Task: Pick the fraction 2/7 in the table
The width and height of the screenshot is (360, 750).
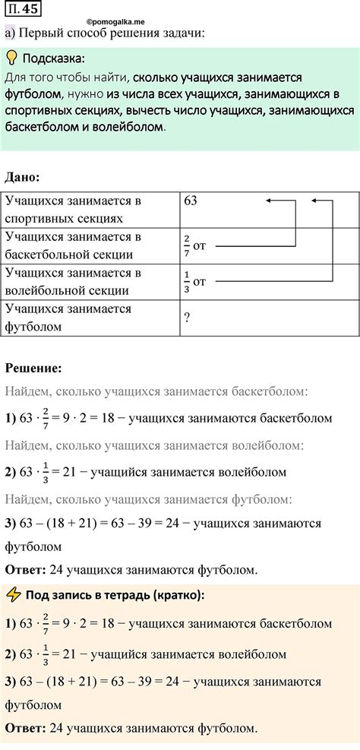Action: point(187,246)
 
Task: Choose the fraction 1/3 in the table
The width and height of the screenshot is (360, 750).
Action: point(187,282)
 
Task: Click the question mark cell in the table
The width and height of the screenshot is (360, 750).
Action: point(187,318)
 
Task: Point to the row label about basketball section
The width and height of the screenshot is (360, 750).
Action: point(74,245)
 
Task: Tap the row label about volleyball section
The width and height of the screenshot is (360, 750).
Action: point(74,281)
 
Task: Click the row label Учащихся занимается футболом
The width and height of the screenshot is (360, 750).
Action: point(68,318)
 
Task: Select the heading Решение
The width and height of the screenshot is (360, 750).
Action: point(33,368)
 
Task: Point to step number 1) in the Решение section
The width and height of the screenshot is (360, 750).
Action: point(11,418)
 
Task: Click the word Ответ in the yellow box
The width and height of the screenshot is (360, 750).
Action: point(24,727)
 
